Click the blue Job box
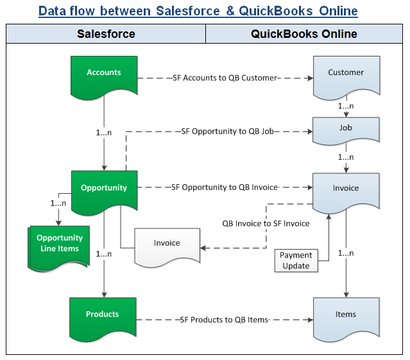point(346,129)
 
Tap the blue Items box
point(346,316)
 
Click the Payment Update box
point(295,261)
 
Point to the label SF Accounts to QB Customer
point(225,78)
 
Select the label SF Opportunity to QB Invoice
point(224,187)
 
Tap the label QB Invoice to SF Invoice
point(266,224)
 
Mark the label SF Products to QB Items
point(224,320)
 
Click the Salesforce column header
point(106,34)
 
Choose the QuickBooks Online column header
point(304,34)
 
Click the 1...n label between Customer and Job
point(346,105)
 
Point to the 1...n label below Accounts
point(103,132)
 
